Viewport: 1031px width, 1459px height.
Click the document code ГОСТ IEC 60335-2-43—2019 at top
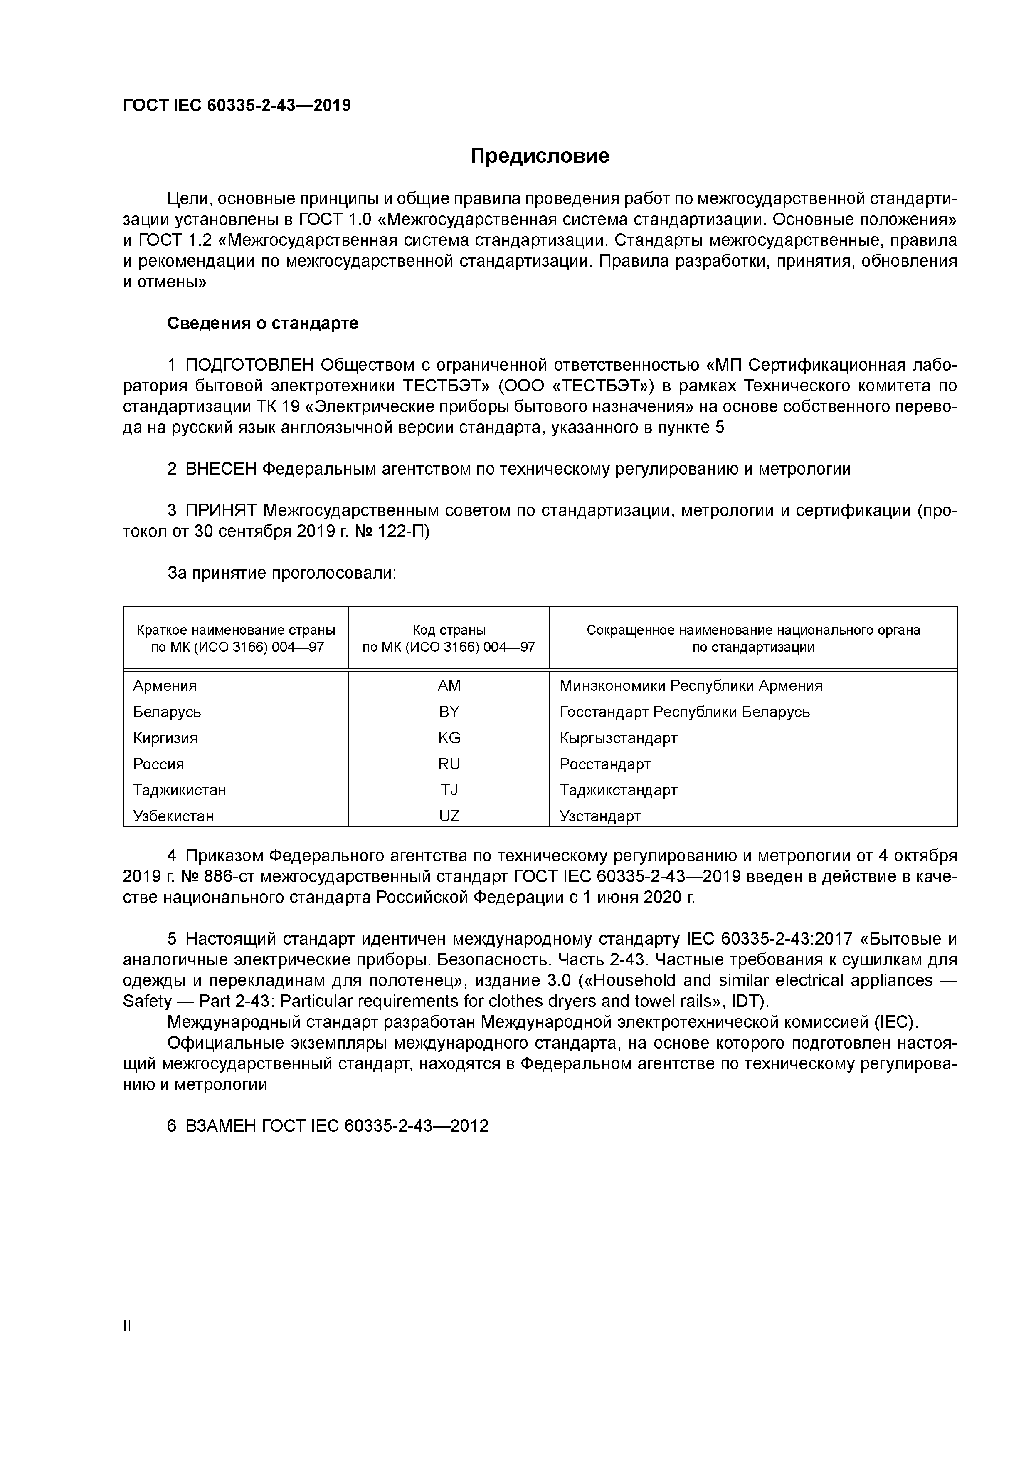pos(236,106)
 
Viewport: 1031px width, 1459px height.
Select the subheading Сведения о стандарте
pos(262,324)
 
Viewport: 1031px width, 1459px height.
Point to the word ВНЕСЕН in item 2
pos(221,469)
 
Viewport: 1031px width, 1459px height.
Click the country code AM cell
pos(449,686)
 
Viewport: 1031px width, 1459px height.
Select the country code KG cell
pos(449,738)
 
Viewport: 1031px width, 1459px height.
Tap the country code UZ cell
pos(449,816)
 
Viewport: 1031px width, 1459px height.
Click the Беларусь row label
pos(167,712)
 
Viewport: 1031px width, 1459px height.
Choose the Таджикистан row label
pos(179,790)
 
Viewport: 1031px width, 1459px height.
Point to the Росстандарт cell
pos(605,764)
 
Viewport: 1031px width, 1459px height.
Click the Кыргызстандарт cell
pos(618,738)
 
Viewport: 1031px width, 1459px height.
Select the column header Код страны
pos(449,631)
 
